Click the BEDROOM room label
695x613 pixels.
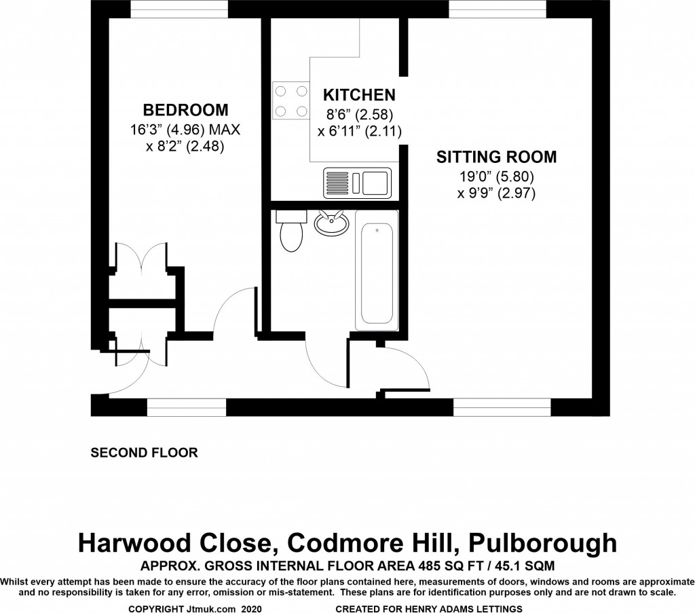(185, 110)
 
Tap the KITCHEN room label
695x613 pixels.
(359, 94)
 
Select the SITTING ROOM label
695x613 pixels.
(496, 157)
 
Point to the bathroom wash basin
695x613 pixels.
(332, 223)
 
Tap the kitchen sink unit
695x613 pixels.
(357, 183)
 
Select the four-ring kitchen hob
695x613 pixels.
(290, 100)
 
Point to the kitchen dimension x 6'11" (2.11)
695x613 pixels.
(359, 132)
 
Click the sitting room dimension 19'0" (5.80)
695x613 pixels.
(496, 177)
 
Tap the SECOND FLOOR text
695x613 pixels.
(144, 453)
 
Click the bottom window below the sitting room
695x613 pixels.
(502, 407)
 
